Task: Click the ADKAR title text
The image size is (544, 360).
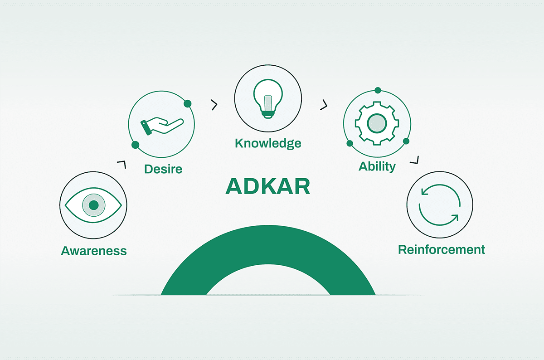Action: [x=267, y=186]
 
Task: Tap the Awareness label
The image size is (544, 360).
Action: [x=94, y=251]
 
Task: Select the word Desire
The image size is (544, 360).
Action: [x=163, y=169]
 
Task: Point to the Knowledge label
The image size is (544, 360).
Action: [x=268, y=143]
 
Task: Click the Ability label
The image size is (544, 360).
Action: [x=377, y=167]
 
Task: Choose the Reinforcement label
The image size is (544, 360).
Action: [x=442, y=250]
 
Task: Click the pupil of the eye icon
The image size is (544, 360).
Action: [x=94, y=205]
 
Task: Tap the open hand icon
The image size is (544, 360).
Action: [x=162, y=126]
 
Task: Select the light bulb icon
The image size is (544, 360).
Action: [x=268, y=99]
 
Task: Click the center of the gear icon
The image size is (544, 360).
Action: [x=377, y=123]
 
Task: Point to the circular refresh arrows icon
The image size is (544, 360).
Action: [x=440, y=205]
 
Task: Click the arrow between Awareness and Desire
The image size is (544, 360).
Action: [x=121, y=164]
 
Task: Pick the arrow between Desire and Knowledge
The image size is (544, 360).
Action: [x=214, y=105]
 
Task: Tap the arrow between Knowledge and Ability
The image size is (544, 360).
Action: [x=324, y=105]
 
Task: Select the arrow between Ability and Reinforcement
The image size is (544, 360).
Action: [x=414, y=160]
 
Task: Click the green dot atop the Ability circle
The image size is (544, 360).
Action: [x=378, y=91]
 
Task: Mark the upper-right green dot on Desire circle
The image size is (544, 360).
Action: [x=188, y=104]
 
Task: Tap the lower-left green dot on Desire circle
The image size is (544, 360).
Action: [x=135, y=145]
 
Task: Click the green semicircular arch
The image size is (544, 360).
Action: [x=268, y=245]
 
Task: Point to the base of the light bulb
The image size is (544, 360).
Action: [x=268, y=115]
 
